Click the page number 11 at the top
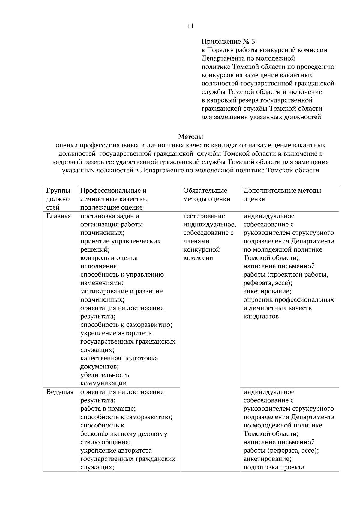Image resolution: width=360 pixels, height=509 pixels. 190,26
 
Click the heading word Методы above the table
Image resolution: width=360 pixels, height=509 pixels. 190,137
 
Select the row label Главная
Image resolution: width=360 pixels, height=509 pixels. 58,216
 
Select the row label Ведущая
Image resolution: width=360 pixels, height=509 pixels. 60,392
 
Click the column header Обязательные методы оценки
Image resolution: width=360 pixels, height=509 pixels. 206,195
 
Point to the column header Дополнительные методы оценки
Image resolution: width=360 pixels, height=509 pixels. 282,195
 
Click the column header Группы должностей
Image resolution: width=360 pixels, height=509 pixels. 58,199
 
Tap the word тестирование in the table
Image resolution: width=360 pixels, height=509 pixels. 204,216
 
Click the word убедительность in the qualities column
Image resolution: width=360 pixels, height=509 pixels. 105,375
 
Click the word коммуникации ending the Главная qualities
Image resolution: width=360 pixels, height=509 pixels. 103,383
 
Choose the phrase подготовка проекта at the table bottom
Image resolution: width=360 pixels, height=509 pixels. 274,467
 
